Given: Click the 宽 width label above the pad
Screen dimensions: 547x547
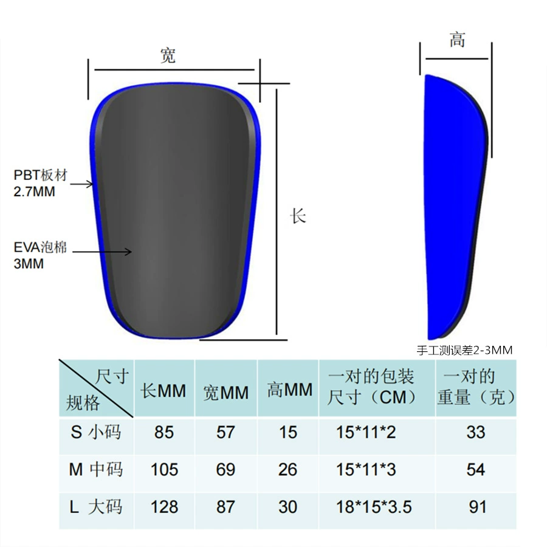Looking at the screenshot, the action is point(168,55).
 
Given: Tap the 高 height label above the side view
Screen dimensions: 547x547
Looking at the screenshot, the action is point(457,39).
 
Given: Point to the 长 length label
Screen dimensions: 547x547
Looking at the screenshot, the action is point(298,216).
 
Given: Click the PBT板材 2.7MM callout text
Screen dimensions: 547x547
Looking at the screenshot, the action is point(41,183).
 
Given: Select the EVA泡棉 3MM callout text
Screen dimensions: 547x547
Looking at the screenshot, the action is point(40,255).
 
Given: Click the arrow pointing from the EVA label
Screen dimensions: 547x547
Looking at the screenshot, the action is point(102,252).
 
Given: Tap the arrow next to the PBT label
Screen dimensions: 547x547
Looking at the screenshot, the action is point(81,184).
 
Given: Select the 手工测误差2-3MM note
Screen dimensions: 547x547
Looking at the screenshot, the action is point(465,350).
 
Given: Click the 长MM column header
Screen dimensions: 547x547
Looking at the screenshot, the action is point(163,390).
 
